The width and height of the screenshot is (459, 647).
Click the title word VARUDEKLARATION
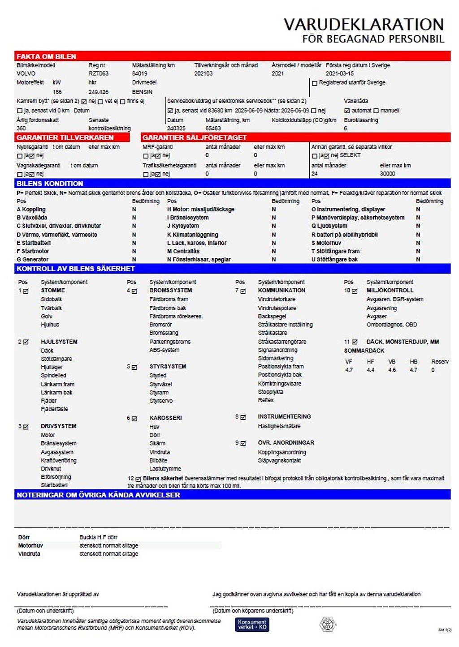click(364, 24)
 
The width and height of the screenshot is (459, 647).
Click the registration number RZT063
click(98, 73)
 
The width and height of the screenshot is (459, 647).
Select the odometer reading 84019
click(139, 73)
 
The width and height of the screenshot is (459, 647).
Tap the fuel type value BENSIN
click(142, 92)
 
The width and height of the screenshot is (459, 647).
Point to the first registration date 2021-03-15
click(339, 73)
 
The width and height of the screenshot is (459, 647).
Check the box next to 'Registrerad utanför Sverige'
click(315, 83)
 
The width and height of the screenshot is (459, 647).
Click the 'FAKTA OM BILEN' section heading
click(46, 56)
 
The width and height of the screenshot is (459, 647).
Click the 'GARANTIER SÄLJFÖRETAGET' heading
click(195, 137)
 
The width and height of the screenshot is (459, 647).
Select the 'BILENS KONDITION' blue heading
click(50, 184)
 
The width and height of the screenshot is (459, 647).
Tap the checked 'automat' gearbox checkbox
click(347, 111)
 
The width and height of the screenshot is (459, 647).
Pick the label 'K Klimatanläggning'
click(192, 235)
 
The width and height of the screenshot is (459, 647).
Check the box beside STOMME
click(26, 291)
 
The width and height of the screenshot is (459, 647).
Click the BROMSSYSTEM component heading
click(170, 290)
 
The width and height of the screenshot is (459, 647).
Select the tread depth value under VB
click(392, 370)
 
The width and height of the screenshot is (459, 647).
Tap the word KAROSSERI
click(165, 418)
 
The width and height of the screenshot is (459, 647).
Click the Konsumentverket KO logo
click(252, 624)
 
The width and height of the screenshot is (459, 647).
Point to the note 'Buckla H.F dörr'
click(98, 537)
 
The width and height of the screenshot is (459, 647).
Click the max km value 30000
click(387, 174)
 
